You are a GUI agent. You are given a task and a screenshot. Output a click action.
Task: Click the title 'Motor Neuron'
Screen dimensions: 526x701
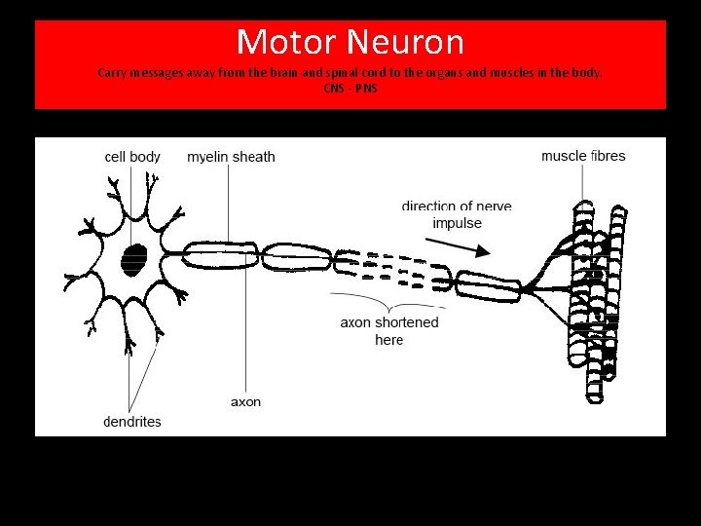[x=350, y=42]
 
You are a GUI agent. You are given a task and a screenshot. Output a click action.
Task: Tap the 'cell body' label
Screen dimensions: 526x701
[x=132, y=157]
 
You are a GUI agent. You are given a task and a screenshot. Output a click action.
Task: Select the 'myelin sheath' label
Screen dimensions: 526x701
[x=231, y=157]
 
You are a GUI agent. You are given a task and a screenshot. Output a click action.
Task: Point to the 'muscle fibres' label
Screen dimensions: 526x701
[x=583, y=156]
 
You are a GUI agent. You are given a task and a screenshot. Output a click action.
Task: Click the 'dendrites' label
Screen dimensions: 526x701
[x=132, y=422]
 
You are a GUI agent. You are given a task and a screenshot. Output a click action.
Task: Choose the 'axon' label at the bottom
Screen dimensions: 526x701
[x=245, y=401]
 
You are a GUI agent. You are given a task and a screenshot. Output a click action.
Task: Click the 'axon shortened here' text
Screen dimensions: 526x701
[x=389, y=331]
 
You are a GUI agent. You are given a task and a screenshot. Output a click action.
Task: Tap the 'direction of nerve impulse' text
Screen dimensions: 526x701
[x=457, y=214]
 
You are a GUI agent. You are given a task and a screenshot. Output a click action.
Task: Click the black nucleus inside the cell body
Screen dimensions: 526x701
[x=134, y=259]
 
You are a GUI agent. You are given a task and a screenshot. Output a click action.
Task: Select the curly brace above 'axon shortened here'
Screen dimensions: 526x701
[x=388, y=296]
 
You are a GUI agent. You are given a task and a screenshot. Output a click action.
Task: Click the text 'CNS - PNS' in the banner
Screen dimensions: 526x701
[x=350, y=89]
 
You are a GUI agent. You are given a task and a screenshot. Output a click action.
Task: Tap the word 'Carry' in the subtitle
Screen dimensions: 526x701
[x=112, y=73]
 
